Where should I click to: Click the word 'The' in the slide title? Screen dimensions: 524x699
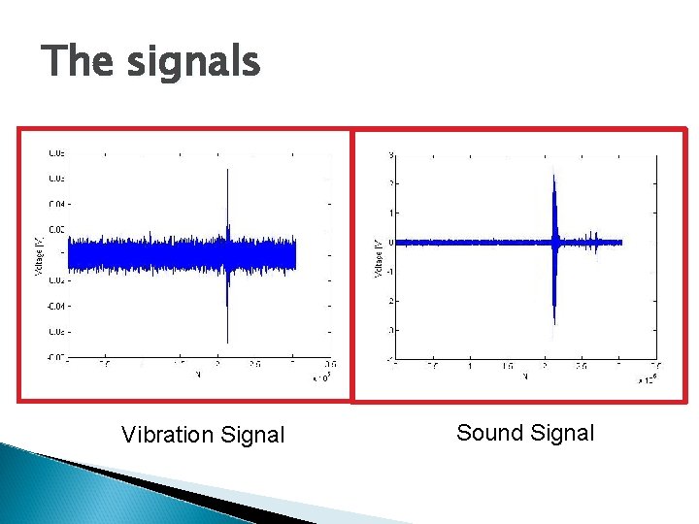point(77,62)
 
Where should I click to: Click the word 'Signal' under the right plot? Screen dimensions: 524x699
point(560,433)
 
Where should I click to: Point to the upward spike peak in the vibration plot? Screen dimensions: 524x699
point(227,171)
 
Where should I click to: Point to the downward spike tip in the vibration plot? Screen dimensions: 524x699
point(227,342)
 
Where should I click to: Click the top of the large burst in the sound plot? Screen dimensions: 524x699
point(553,173)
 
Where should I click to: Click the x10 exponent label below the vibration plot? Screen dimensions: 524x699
point(320,377)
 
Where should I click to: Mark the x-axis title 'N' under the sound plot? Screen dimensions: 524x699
point(524,375)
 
